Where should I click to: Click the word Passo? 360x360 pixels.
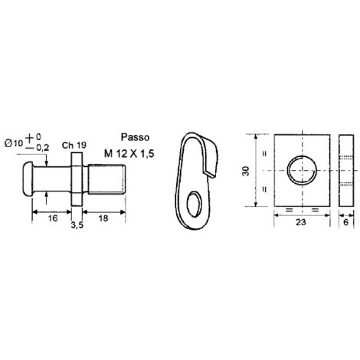135,137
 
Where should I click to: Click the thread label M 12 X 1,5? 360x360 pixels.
129,154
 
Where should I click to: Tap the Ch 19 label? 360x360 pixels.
74,146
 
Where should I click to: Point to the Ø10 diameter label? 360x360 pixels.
14,144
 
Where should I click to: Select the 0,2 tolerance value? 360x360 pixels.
42,147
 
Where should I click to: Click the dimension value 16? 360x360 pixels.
53,218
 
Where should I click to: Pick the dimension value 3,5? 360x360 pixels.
77,225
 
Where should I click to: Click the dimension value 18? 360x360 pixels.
103,218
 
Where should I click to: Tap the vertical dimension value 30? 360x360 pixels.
247,171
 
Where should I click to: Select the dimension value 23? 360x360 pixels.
301,222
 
